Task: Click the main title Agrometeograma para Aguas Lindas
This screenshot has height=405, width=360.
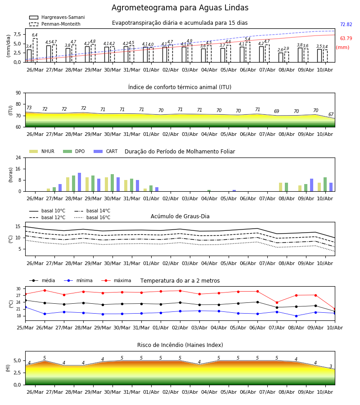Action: (180, 8)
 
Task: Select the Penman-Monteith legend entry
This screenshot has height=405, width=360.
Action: (55, 24)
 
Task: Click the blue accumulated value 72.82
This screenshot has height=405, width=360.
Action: (346, 25)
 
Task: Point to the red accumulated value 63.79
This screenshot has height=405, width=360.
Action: (346, 39)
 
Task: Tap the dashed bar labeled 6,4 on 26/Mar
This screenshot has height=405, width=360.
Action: (35, 50)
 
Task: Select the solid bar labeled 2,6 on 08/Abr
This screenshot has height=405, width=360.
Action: (281, 57)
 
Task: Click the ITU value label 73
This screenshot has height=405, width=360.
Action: (29, 108)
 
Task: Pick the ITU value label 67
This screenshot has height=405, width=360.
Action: (331, 114)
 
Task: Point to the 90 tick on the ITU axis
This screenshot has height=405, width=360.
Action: (18, 93)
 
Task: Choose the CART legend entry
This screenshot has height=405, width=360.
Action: (105, 151)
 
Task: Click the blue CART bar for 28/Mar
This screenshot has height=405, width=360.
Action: (80, 182)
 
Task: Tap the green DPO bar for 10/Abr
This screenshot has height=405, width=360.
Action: (325, 184)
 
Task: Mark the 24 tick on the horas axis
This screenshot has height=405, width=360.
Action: (18, 157)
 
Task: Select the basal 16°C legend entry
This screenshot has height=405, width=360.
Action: (92, 217)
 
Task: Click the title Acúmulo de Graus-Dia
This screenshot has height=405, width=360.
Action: (180, 216)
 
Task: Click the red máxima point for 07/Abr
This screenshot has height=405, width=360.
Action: (277, 302)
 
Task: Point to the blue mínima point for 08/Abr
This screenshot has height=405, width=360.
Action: (296, 316)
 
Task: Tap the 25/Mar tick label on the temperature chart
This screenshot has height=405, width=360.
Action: (25, 328)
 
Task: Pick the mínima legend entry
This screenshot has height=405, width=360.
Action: (78, 280)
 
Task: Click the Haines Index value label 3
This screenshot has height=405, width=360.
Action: (331, 366)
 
